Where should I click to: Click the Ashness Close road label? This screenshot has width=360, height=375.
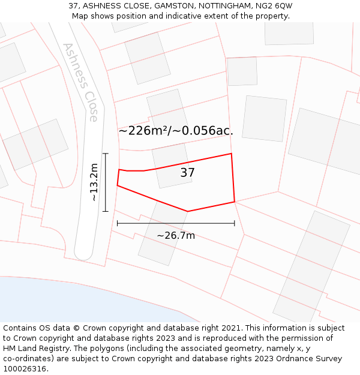80,82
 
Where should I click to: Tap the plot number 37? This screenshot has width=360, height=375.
187,173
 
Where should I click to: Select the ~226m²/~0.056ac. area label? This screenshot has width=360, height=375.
176,131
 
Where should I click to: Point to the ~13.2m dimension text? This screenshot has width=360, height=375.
94,182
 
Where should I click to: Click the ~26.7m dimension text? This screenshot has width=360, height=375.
176,235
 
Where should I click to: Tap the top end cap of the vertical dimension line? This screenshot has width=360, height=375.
106,154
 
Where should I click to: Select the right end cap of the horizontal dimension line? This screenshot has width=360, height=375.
234,223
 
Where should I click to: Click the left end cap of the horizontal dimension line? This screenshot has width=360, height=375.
118,223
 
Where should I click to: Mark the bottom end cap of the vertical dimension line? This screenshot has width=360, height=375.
106,211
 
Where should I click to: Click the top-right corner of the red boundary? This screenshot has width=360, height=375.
231,154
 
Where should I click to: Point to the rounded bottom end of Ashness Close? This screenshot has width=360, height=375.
83,254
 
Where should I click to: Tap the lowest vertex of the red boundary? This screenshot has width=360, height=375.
188,211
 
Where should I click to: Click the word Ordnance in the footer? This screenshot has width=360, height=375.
281,358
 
